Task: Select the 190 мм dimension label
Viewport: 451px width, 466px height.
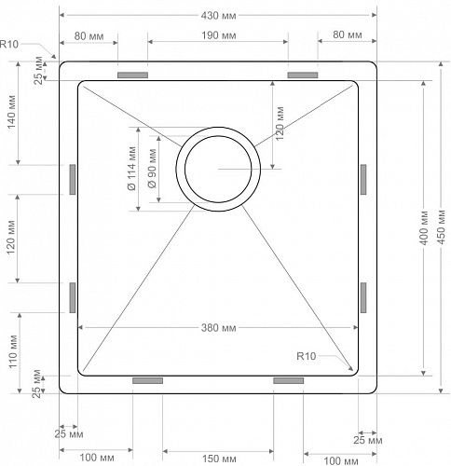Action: (x=217, y=35)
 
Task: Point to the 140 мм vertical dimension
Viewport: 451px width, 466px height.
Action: (x=11, y=113)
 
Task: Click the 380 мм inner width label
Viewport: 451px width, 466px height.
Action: (x=217, y=328)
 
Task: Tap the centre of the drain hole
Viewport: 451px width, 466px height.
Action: (x=218, y=169)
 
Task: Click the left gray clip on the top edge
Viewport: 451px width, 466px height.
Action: (x=133, y=75)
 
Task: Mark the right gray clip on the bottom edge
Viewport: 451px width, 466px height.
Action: (x=288, y=380)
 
